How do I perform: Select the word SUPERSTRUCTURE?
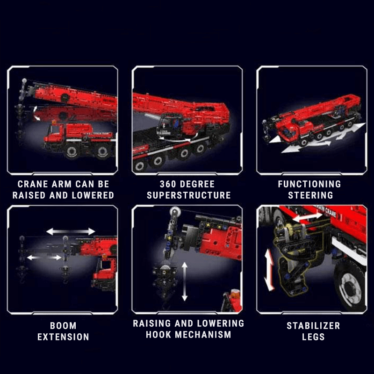point(188,195)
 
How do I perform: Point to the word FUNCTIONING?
point(309,184)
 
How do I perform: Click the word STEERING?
point(310,195)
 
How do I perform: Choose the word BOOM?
point(63,325)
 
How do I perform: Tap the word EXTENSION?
point(63,337)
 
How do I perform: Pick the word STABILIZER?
point(313,325)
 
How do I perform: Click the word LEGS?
point(313,337)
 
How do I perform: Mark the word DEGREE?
point(199,184)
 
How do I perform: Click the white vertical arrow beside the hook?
point(185,281)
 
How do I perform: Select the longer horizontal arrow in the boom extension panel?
point(71,231)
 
